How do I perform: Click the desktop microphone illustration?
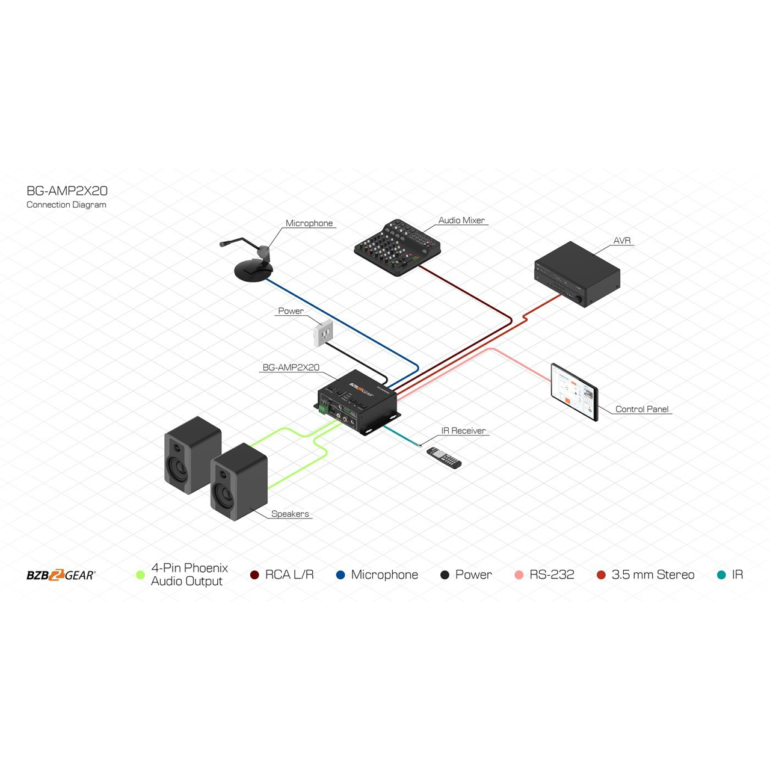coord(253,265)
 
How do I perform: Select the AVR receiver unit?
coord(576,274)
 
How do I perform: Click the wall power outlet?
coord(324,333)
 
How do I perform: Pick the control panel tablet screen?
coord(574,392)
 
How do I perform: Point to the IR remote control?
coord(444,458)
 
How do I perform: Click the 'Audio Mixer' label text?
coord(461,220)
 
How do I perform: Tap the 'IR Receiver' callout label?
coord(463,431)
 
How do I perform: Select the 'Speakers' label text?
coord(290,514)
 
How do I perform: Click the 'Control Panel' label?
coord(642,409)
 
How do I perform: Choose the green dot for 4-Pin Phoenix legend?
coord(140,575)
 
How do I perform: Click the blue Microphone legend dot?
coord(340,575)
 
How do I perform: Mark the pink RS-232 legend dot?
coord(519,575)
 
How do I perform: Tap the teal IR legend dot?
coord(721,575)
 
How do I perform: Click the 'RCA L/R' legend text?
coord(289,574)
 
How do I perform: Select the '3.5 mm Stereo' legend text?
coord(653,574)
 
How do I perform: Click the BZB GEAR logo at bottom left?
coord(61,575)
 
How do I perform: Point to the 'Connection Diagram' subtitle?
coord(66,205)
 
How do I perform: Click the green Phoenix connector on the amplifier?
coord(324,410)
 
